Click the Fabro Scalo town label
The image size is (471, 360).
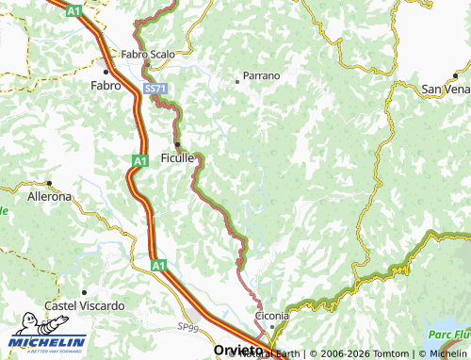coord(148,55)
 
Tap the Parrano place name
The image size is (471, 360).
coord(262,75)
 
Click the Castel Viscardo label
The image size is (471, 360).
coord(85,306)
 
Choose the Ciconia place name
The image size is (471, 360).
coord(271,316)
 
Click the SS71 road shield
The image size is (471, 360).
coord(154,88)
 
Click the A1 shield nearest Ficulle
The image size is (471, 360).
coord(138,162)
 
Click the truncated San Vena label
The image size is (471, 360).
coord(445,89)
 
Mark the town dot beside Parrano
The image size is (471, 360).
coord(236,82)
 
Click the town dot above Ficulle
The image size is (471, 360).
coord(177,144)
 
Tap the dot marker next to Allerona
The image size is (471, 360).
coord(49,185)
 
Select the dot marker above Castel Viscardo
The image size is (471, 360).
coord(84,293)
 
